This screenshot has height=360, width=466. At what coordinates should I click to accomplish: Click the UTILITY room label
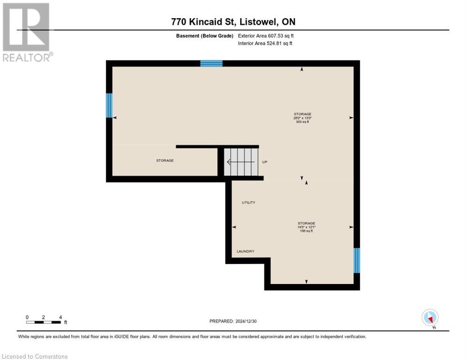tap(248, 202)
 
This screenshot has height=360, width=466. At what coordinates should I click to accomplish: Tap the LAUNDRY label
tap(245, 251)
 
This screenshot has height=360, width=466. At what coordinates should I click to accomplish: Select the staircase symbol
tap(241, 162)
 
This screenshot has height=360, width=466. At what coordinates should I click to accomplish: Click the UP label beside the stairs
tap(264, 162)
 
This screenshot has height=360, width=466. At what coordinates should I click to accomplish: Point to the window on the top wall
tap(211, 63)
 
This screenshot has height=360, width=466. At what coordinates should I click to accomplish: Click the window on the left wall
tap(109, 105)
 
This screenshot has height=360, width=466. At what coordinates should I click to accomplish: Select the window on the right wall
tap(357, 260)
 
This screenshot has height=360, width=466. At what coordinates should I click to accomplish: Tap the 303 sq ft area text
tap(302, 122)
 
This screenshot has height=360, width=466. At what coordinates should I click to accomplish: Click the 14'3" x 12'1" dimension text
tap(306, 227)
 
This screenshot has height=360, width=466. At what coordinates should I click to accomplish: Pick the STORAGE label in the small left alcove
tap(165, 160)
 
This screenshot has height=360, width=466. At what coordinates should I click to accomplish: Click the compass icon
tap(430, 317)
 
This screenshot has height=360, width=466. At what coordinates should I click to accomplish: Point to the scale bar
tap(44, 322)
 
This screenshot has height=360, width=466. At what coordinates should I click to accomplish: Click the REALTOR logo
tap(27, 32)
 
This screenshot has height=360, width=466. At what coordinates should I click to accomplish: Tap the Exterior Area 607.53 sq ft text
tap(266, 36)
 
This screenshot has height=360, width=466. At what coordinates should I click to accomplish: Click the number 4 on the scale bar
tap(60, 317)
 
